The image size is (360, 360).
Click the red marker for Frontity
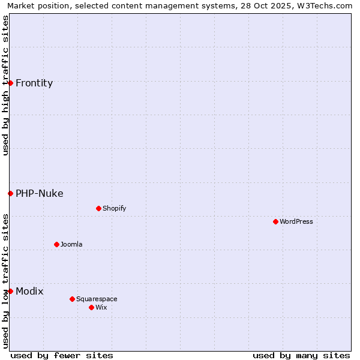point(11,83)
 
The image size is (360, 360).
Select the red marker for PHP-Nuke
point(11,193)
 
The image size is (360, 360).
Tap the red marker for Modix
point(11,291)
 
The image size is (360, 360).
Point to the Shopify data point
point(99,208)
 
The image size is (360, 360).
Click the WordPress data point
point(276,221)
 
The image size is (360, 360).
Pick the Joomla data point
point(57,244)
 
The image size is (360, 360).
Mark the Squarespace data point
point(73,299)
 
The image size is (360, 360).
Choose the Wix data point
point(92,307)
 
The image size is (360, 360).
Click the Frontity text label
point(34,83)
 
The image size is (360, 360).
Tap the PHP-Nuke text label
point(40,193)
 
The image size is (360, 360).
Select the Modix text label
point(29,291)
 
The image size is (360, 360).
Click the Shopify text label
point(115,208)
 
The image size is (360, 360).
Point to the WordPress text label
point(296,221)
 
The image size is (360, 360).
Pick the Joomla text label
point(71,244)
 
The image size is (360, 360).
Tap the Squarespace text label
point(97,299)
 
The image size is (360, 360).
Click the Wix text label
point(101,307)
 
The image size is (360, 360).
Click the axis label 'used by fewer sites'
point(62,355)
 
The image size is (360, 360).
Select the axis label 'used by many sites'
point(301,355)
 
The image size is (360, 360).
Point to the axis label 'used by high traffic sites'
point(5,85)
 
